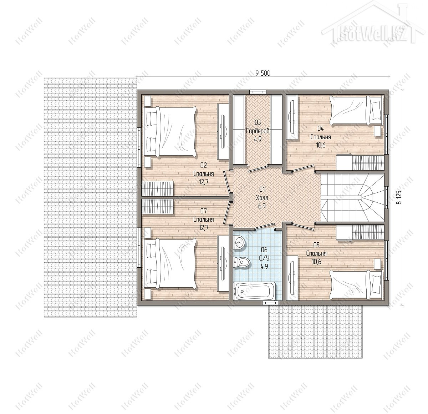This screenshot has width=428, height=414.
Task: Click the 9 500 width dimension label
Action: click(x=263, y=73)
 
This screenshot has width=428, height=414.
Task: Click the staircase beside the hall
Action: click(x=352, y=198)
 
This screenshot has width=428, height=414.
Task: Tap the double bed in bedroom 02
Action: click(x=169, y=132)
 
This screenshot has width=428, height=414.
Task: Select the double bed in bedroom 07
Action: click(x=169, y=264)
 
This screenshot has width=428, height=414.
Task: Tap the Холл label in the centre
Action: click(x=262, y=198)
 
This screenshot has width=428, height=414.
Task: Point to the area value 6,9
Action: click(x=262, y=206)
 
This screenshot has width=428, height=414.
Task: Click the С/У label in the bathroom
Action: click(x=264, y=258)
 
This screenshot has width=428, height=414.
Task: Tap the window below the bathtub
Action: click(x=270, y=303)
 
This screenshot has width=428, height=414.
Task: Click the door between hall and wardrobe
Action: click(x=258, y=168)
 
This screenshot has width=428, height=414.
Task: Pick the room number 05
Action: click(x=316, y=245)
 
